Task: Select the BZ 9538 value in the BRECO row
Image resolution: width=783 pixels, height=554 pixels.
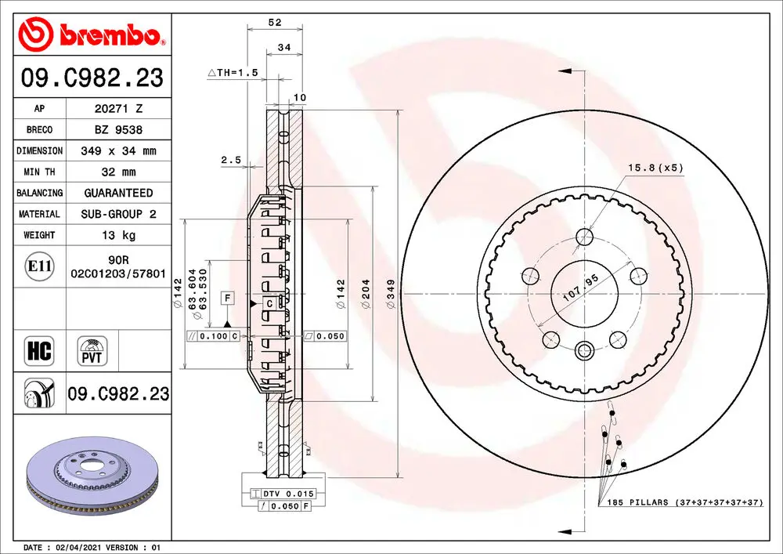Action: point(118,130)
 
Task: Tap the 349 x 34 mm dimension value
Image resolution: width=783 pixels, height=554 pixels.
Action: point(118,151)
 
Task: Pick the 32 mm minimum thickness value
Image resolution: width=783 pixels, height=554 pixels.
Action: point(118,172)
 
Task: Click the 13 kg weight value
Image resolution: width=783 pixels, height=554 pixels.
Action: point(118,235)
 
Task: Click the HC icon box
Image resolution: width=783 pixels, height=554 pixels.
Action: point(39,351)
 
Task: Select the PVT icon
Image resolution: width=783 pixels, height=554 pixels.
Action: point(92,351)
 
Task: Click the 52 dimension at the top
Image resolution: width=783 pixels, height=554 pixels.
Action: point(275,23)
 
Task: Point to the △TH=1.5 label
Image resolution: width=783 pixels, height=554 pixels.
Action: point(233,72)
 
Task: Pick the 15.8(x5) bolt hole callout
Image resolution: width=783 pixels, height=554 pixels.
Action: point(654,167)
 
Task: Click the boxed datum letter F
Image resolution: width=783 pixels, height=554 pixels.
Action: point(227,297)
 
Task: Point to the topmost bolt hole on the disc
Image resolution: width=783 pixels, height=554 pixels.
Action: point(583,237)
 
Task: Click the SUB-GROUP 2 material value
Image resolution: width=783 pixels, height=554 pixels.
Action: point(118,214)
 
